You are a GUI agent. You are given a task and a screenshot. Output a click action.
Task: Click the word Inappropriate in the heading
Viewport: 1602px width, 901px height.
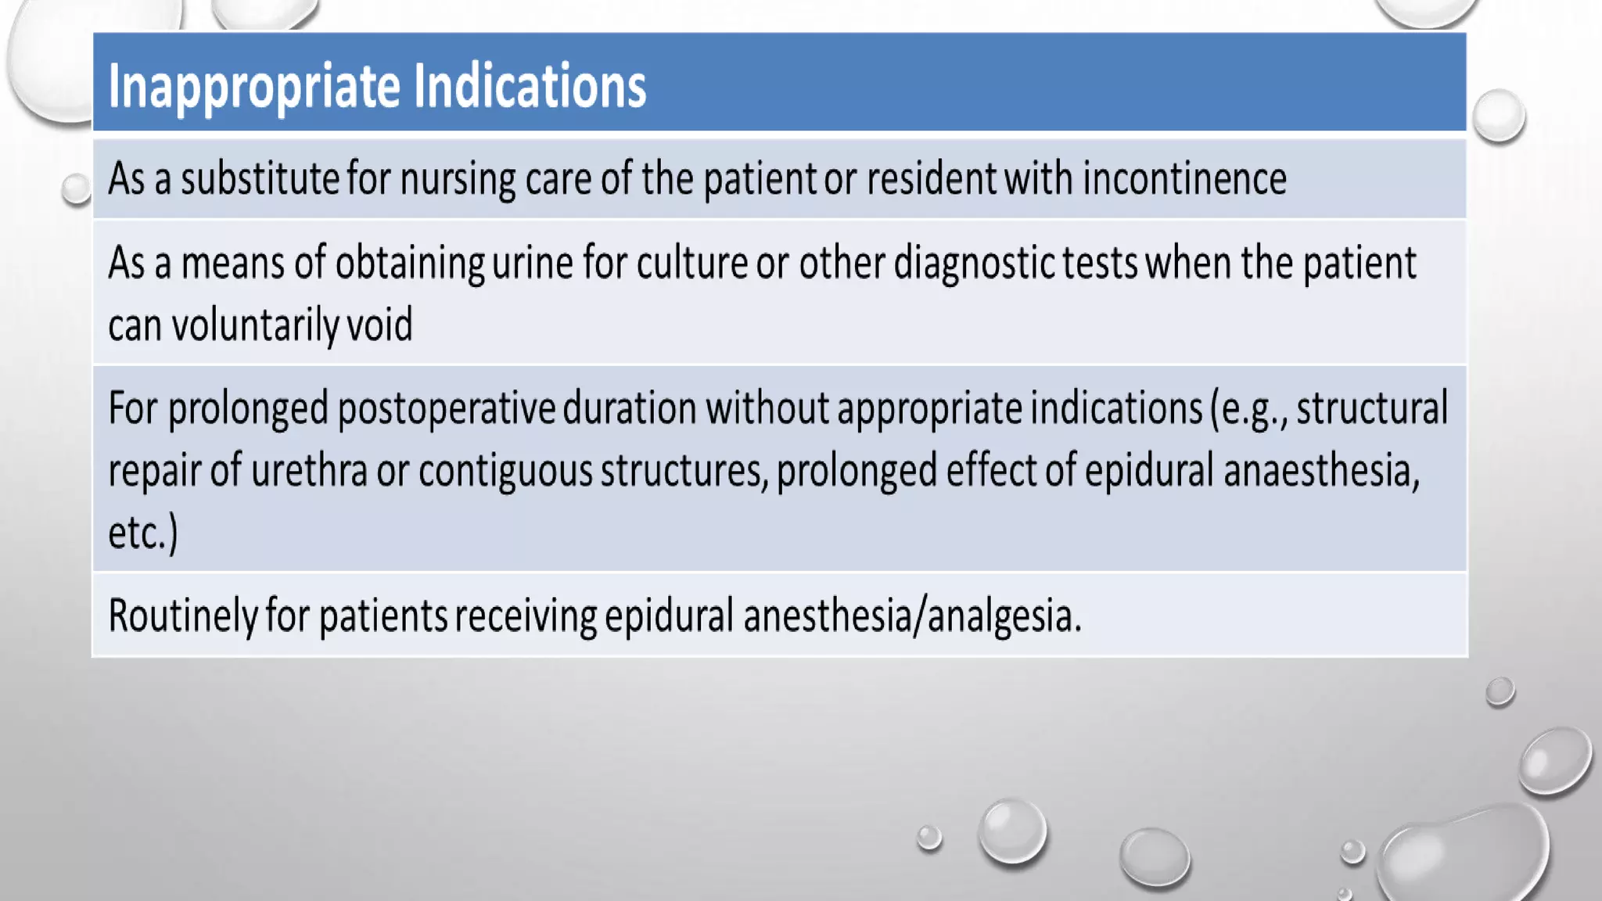255,86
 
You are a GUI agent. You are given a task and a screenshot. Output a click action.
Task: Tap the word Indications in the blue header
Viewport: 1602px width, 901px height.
530,86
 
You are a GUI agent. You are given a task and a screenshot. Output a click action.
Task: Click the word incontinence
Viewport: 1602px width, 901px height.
1184,178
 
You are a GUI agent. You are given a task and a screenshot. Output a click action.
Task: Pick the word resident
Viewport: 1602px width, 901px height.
931,178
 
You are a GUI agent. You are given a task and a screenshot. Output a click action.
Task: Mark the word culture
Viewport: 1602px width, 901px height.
691,263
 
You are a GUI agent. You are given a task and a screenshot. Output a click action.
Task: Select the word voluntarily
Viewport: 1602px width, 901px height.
254,325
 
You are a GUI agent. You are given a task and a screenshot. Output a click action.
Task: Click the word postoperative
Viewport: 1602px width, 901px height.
446,409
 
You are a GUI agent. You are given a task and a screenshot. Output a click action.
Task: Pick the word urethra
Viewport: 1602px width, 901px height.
309,471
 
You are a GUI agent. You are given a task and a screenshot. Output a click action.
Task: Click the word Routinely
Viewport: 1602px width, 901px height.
182,616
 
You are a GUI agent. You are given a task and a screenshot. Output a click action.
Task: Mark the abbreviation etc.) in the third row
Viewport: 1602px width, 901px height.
143,534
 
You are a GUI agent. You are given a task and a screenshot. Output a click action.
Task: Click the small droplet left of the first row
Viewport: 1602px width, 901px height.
77,188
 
